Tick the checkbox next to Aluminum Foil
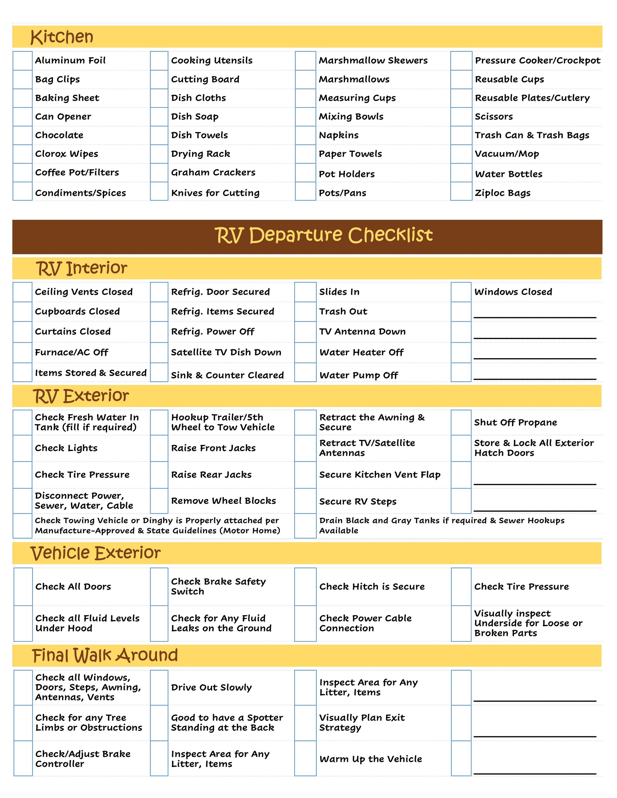pyautogui.click(x=23, y=61)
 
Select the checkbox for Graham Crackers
pyautogui.click(x=159, y=172)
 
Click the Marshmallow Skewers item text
pyautogui.click(x=373, y=61)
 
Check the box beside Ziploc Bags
pyautogui.click(x=461, y=191)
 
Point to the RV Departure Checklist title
pyautogui.click(x=323, y=235)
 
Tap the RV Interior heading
pyautogui.click(x=81, y=268)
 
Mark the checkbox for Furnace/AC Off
pyautogui.click(x=23, y=352)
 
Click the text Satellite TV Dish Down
pyautogui.click(x=226, y=352)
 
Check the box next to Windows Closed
pyautogui.click(x=461, y=292)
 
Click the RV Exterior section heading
pyautogui.click(x=81, y=396)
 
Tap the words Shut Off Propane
pyautogui.click(x=516, y=422)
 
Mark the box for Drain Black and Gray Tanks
pyautogui.click(x=305, y=526)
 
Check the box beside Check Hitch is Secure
pyautogui.click(x=305, y=586)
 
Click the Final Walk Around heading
pyautogui.click(x=105, y=655)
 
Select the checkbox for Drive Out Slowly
pyautogui.click(x=159, y=687)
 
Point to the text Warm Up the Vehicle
pyautogui.click(x=370, y=759)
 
